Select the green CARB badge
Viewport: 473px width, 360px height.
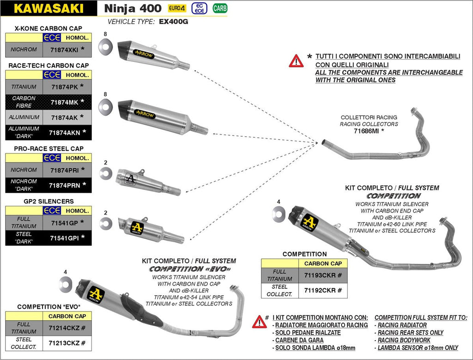(x=220, y=8)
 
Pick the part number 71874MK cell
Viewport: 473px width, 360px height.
(x=64, y=102)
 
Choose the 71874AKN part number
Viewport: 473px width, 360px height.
(x=64, y=133)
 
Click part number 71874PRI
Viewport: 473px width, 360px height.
(x=64, y=170)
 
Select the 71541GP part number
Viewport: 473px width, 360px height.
(x=64, y=222)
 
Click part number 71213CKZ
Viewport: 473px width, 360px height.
(x=64, y=343)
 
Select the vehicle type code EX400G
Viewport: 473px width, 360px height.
(x=174, y=21)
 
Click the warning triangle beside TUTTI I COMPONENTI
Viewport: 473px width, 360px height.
(x=296, y=61)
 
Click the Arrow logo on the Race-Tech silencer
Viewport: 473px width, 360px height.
(x=145, y=115)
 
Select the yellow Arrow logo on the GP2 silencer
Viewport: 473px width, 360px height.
(x=137, y=227)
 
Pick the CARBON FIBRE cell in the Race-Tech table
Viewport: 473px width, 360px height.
(x=24, y=102)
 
